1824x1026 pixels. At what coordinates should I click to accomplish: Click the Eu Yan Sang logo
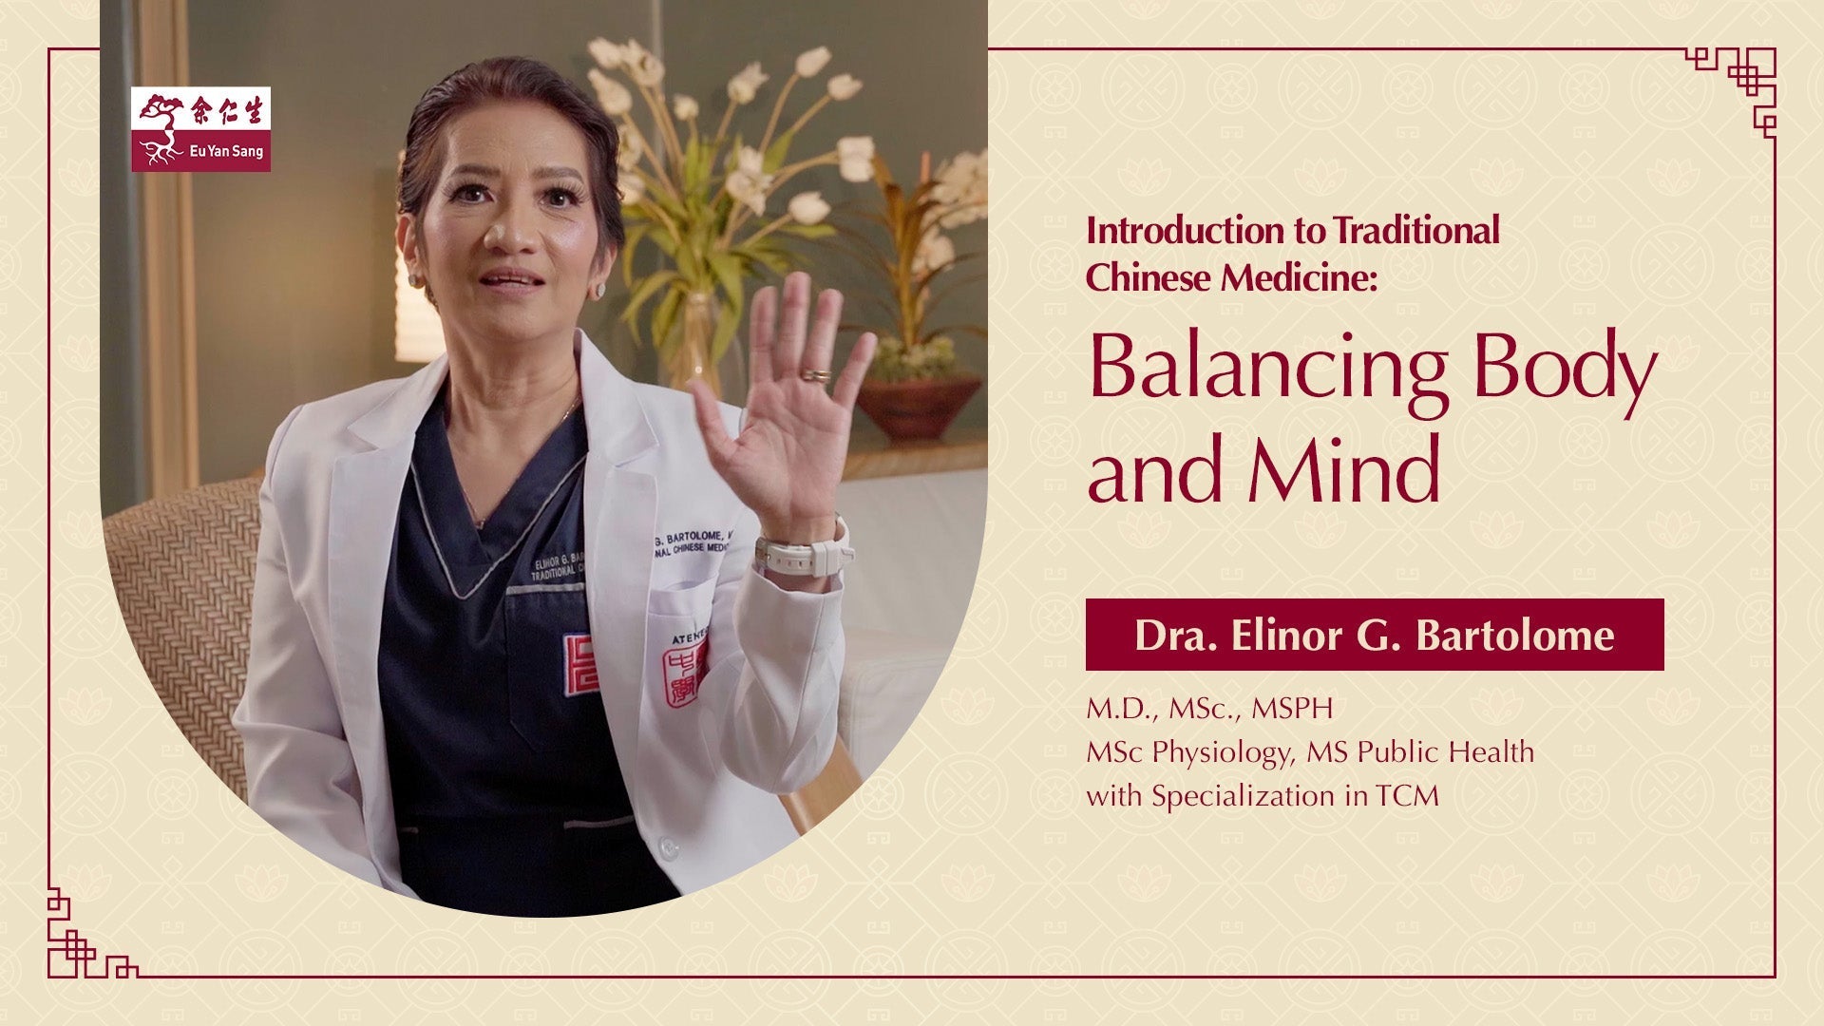[200, 129]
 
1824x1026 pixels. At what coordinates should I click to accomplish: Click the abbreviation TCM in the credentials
[1407, 796]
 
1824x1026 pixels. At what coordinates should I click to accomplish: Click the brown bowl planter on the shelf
[918, 406]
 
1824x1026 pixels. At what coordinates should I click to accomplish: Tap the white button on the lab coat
[669, 845]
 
